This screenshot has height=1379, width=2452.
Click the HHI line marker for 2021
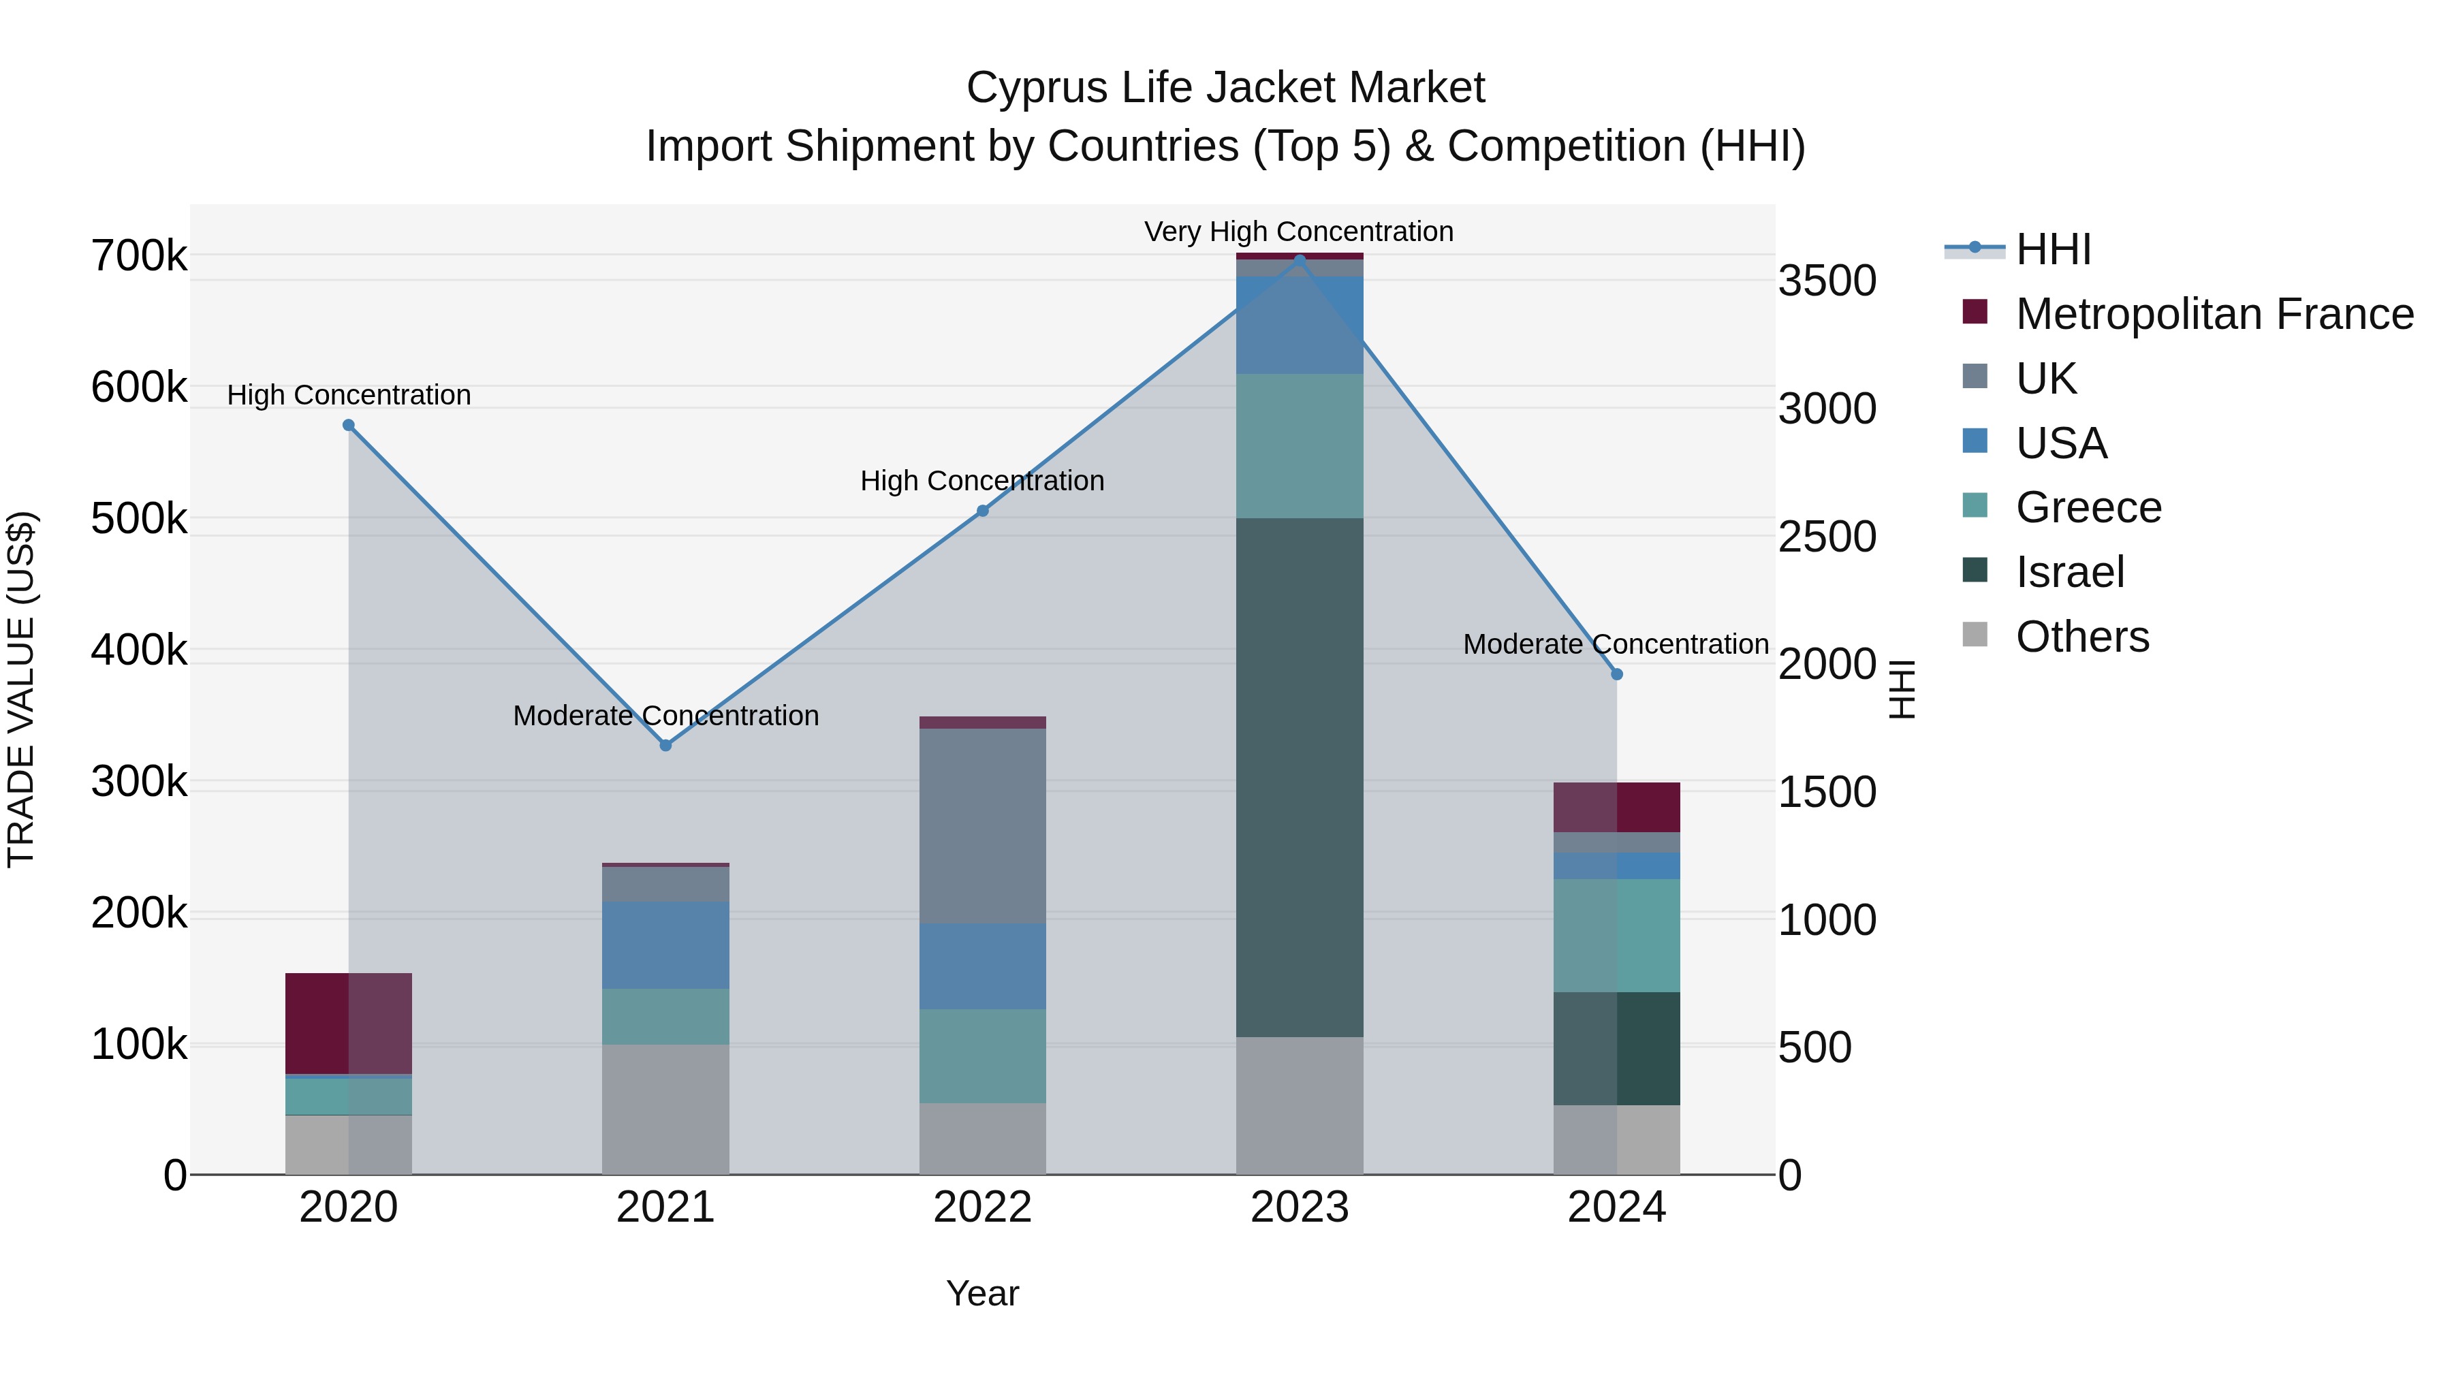[665, 745]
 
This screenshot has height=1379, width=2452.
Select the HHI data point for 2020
[348, 426]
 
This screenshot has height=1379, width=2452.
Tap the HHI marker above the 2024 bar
[1616, 673]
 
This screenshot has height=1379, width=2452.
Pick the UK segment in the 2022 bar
[982, 825]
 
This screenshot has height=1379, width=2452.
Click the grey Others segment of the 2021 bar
[665, 1109]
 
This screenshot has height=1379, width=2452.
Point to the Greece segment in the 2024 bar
[1616, 936]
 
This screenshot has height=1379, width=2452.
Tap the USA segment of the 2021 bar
[665, 945]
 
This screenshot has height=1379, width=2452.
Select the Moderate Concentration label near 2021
[665, 716]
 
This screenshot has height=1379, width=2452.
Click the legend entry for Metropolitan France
[2214, 314]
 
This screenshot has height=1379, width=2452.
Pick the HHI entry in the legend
[2053, 249]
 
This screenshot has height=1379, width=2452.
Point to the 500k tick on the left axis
[139, 520]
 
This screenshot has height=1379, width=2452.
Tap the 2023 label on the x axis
[1300, 1207]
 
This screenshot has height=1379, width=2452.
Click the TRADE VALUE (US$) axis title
[22, 689]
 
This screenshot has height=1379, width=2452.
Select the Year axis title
[982, 1293]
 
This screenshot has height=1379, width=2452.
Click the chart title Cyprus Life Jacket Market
[1225, 88]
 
